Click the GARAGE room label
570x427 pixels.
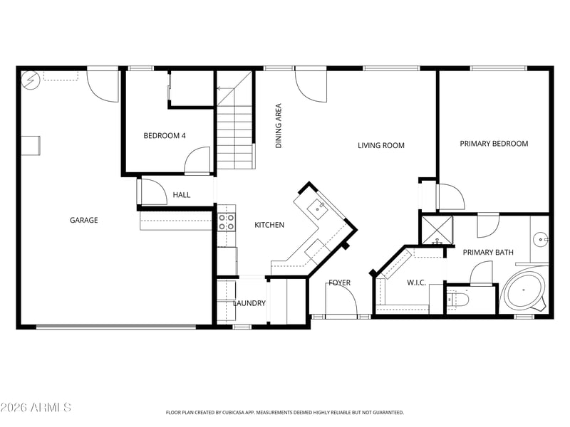pos(83,220)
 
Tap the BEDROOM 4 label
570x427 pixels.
pos(165,136)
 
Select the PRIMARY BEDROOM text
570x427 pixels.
pos(494,144)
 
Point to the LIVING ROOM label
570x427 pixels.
pos(381,146)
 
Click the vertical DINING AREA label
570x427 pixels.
pos(279,126)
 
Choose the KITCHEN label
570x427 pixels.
pos(269,225)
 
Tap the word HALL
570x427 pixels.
pos(182,195)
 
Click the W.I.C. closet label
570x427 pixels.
pos(416,283)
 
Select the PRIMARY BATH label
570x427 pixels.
pos(488,253)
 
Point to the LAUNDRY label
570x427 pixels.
pos(249,303)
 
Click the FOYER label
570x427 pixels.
pos(340,283)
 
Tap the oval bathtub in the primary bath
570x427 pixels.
pos(524,290)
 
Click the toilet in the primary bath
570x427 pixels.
pos(457,299)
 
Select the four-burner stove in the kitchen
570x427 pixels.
pos(227,222)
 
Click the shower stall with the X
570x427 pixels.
pos(437,230)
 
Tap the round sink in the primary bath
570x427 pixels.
pos(541,240)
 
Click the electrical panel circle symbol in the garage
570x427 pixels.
pos(31,80)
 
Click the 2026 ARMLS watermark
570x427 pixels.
pos(36,407)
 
